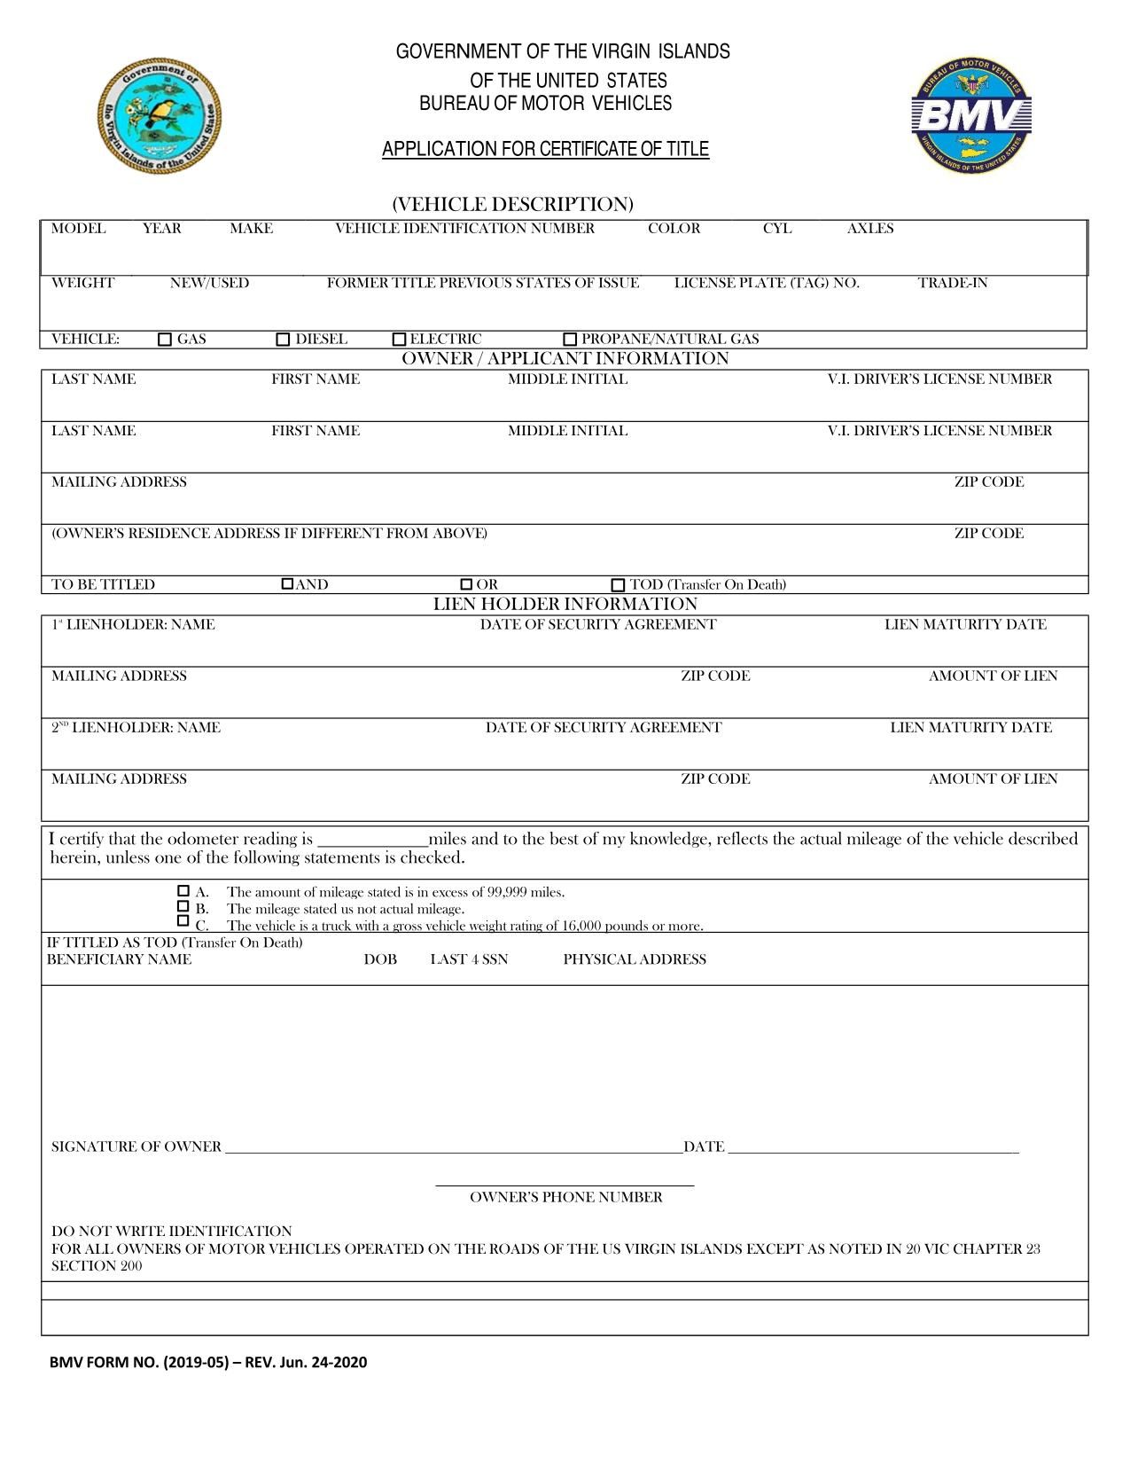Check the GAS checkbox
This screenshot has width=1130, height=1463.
165,339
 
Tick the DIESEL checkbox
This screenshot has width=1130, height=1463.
283,339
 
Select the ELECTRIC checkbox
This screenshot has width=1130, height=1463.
399,339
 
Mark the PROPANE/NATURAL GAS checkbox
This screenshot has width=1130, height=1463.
570,339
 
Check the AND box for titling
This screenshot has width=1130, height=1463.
287,584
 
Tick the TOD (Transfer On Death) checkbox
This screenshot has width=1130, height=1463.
618,585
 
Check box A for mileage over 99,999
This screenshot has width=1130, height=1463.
183,890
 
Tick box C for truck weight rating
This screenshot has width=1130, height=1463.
183,921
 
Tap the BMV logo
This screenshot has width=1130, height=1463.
972,116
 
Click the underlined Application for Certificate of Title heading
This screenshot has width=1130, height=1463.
545,149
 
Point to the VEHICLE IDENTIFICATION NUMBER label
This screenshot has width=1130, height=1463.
464,229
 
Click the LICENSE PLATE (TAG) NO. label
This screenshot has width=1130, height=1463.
767,284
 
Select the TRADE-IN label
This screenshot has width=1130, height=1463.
952,284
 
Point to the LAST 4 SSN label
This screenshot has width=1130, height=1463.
469,959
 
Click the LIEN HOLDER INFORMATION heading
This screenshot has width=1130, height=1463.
565,605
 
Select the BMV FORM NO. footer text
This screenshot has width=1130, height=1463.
208,1362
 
